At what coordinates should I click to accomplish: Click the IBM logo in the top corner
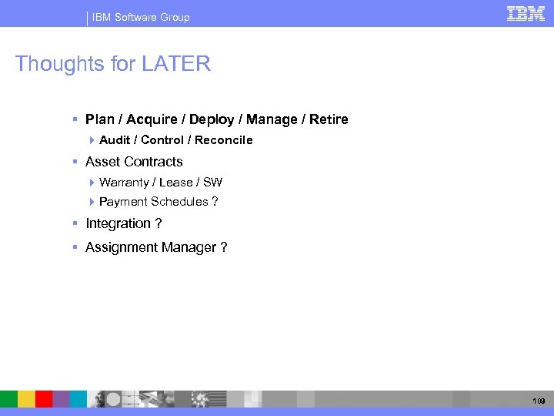pyautogui.click(x=526, y=13)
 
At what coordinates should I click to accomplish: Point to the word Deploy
pyautogui.click(x=212, y=119)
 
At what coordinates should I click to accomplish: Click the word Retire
pyautogui.click(x=329, y=119)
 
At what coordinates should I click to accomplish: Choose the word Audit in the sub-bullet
pyautogui.click(x=115, y=140)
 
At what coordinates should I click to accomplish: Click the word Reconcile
pyautogui.click(x=223, y=140)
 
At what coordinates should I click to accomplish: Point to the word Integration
pyautogui.click(x=118, y=223)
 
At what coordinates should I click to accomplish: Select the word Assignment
pyautogui.click(x=122, y=247)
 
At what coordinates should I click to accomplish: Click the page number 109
pyautogui.click(x=538, y=401)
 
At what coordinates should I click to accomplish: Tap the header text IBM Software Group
pyautogui.click(x=141, y=17)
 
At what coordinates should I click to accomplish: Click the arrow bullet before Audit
pyautogui.click(x=92, y=140)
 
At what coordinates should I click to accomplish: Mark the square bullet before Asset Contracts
pyautogui.click(x=75, y=162)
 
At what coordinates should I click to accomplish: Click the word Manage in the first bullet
pyautogui.click(x=273, y=119)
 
